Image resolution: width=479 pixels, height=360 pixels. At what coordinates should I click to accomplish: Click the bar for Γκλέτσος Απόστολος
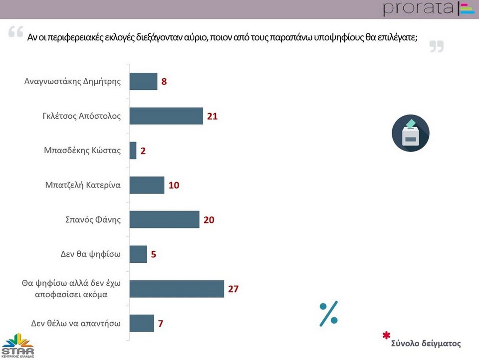166,116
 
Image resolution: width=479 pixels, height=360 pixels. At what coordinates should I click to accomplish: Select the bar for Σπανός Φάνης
164,219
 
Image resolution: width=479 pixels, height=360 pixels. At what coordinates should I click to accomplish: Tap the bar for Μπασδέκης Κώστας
133,151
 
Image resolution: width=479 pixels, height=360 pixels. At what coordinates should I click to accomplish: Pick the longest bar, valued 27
177,289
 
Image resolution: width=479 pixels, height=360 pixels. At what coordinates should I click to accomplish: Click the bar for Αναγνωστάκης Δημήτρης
143,81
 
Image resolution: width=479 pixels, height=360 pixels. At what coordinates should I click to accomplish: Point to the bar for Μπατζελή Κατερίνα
147,185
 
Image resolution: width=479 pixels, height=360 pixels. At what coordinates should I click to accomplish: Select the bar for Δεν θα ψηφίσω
138,254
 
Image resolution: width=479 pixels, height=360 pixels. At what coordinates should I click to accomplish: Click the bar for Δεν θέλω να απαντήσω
142,323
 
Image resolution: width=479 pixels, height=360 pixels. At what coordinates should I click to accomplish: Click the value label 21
213,116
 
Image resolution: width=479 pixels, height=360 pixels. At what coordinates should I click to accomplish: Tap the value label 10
173,185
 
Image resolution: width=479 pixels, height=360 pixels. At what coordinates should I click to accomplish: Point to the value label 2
143,151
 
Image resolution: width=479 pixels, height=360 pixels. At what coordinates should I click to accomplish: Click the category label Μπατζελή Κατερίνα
83,185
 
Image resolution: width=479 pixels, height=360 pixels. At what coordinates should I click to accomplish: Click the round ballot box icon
410,133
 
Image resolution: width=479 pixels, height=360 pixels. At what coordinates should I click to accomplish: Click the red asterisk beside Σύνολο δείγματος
385,336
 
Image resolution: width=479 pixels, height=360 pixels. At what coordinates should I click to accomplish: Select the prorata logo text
419,9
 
